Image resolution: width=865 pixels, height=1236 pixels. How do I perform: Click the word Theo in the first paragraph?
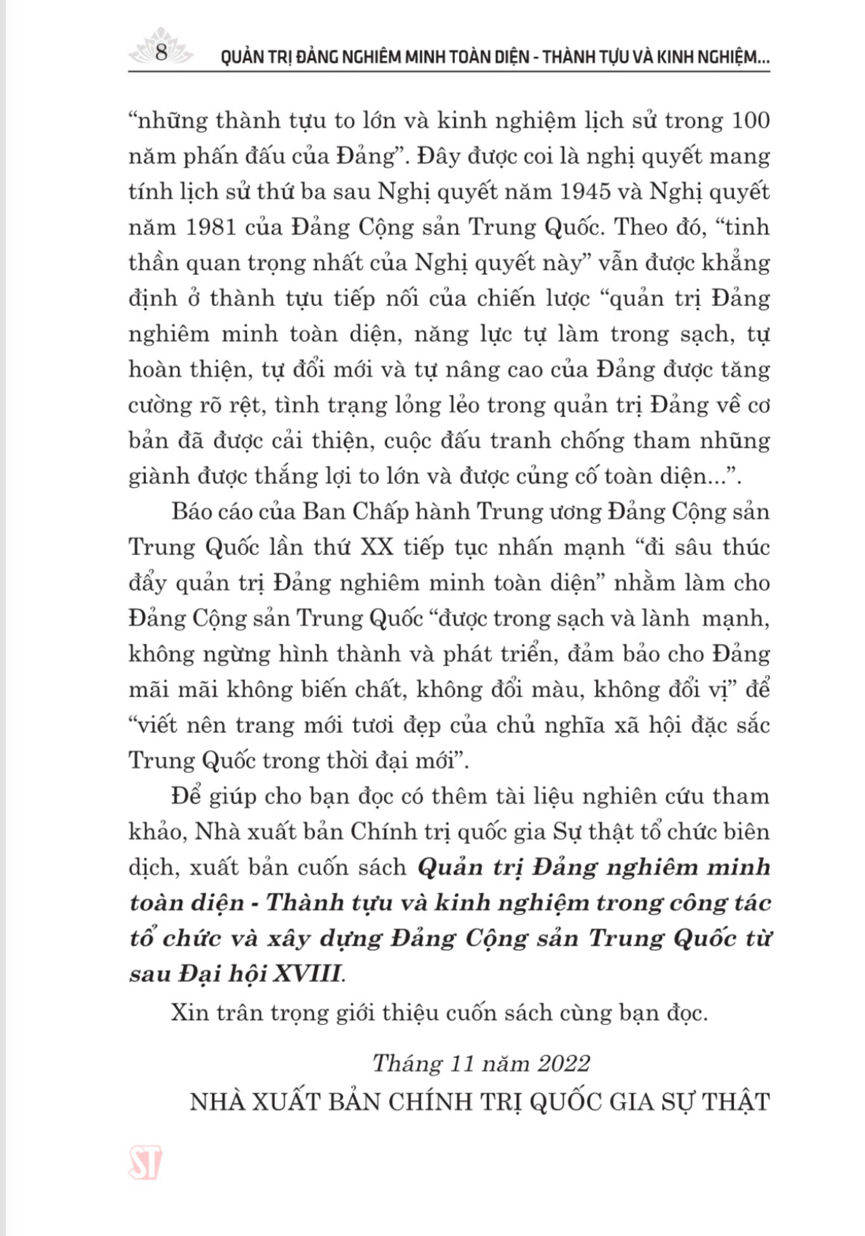click(639, 227)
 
